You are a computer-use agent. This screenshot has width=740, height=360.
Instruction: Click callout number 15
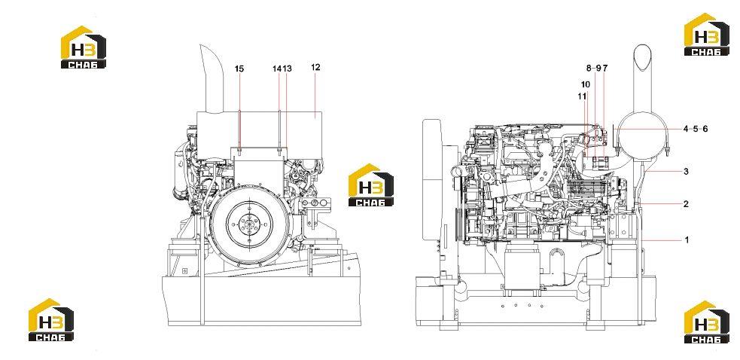[239, 69]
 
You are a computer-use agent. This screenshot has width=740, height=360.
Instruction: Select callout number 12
[315, 68]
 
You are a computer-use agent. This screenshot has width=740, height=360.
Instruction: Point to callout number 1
[687, 240]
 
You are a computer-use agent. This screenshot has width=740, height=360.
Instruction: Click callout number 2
[687, 204]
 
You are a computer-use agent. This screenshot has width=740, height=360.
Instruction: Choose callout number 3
[687, 172]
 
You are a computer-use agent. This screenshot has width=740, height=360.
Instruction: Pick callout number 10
[585, 84]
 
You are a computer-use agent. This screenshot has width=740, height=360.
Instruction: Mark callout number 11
[583, 96]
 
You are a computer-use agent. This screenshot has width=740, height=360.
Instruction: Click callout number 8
[589, 68]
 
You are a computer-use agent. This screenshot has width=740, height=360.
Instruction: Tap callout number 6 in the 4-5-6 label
[705, 129]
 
